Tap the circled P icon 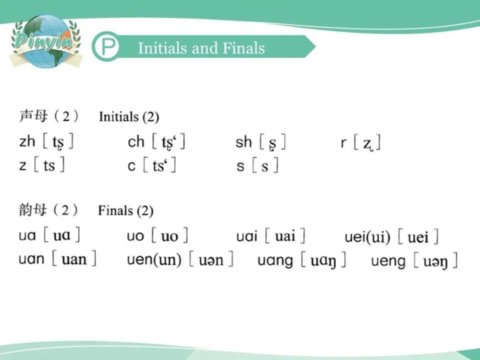105,48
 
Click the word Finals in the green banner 244,48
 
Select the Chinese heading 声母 33,116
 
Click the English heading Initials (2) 129,117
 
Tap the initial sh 243,142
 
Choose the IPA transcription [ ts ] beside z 49,165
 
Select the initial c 131,165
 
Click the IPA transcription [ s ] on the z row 265,165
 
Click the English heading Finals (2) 125,210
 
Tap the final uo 135,235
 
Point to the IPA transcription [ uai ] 285,235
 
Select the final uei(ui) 367,236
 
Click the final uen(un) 154,260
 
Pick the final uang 275,260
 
